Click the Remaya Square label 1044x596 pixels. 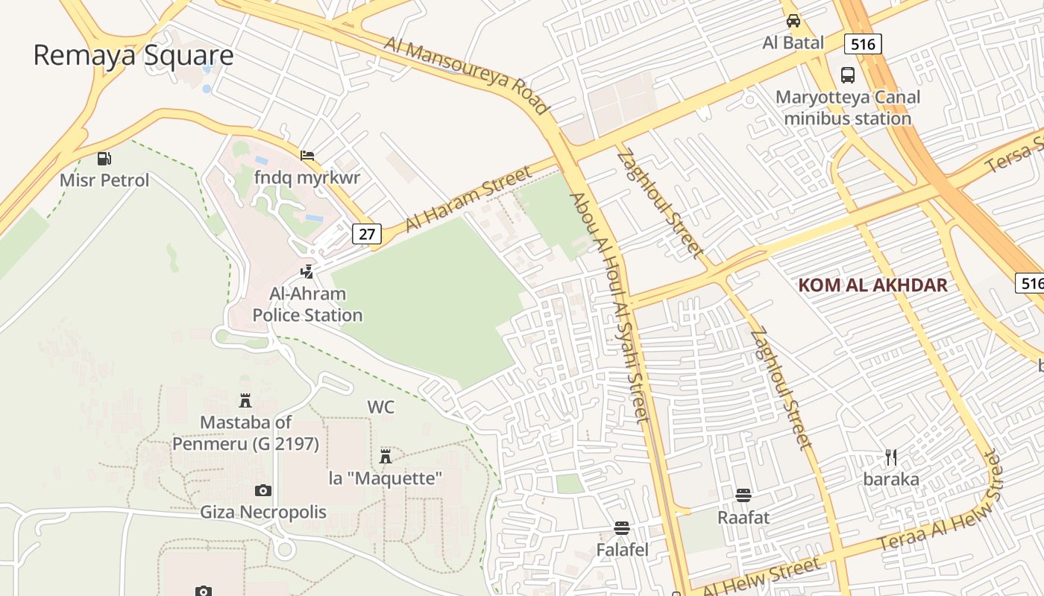[133, 56]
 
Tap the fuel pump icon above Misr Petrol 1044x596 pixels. [104, 158]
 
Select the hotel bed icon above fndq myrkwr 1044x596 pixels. [306, 156]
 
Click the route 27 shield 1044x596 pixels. [366, 234]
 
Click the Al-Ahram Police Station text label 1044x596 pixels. [307, 305]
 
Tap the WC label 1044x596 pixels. [380, 408]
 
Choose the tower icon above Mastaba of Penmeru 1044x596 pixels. [245, 401]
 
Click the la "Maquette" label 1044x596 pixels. [386, 478]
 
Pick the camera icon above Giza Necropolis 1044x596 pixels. [262, 490]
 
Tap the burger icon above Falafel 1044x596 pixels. [622, 528]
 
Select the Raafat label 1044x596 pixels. [743, 517]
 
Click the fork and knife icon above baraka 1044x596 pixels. [890, 457]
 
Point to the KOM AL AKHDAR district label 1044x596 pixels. [872, 285]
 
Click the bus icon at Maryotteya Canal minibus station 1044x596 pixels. [848, 75]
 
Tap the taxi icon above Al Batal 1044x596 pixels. [793, 21]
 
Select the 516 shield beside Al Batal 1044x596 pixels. [863, 44]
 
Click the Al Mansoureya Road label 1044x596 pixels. [467, 74]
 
